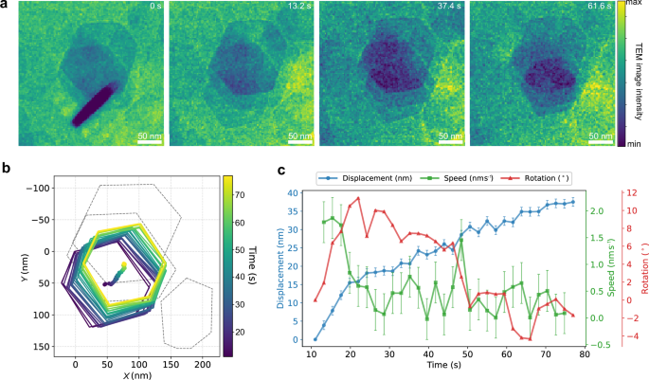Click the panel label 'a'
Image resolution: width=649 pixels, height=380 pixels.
click(5, 6)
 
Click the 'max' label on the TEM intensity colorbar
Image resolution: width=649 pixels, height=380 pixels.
click(633, 5)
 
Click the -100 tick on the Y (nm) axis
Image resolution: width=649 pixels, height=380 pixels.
click(35, 188)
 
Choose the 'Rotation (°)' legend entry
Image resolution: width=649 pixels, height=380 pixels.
click(554, 174)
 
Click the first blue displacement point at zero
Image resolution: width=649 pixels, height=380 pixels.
click(315, 339)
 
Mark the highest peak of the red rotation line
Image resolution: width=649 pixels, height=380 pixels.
click(357, 198)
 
